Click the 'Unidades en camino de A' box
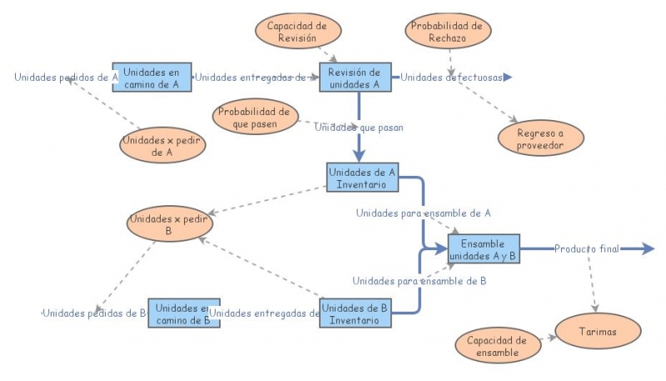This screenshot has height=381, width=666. pyautogui.click(x=152, y=78)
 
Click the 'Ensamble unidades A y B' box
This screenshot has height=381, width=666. pyautogui.click(x=483, y=249)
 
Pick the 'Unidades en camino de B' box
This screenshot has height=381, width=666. pyautogui.click(x=183, y=313)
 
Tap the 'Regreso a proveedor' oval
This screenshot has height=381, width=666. pyautogui.click(x=539, y=138)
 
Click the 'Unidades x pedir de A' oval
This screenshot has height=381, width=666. pyautogui.click(x=163, y=146)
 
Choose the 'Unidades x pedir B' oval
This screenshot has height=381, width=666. pyautogui.click(x=170, y=223)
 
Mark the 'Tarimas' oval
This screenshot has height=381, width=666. pyautogui.click(x=598, y=331)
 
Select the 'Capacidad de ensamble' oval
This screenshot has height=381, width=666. pyautogui.click(x=496, y=346)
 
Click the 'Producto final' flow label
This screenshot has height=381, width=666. pyautogui.click(x=587, y=249)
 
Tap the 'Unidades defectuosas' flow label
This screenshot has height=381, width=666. pyautogui.click(x=451, y=78)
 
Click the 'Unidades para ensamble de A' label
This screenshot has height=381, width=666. pyautogui.click(x=423, y=213)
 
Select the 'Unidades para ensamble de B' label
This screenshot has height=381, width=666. pyautogui.click(x=419, y=281)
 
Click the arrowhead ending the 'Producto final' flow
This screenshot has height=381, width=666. pyautogui.click(x=648, y=249)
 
